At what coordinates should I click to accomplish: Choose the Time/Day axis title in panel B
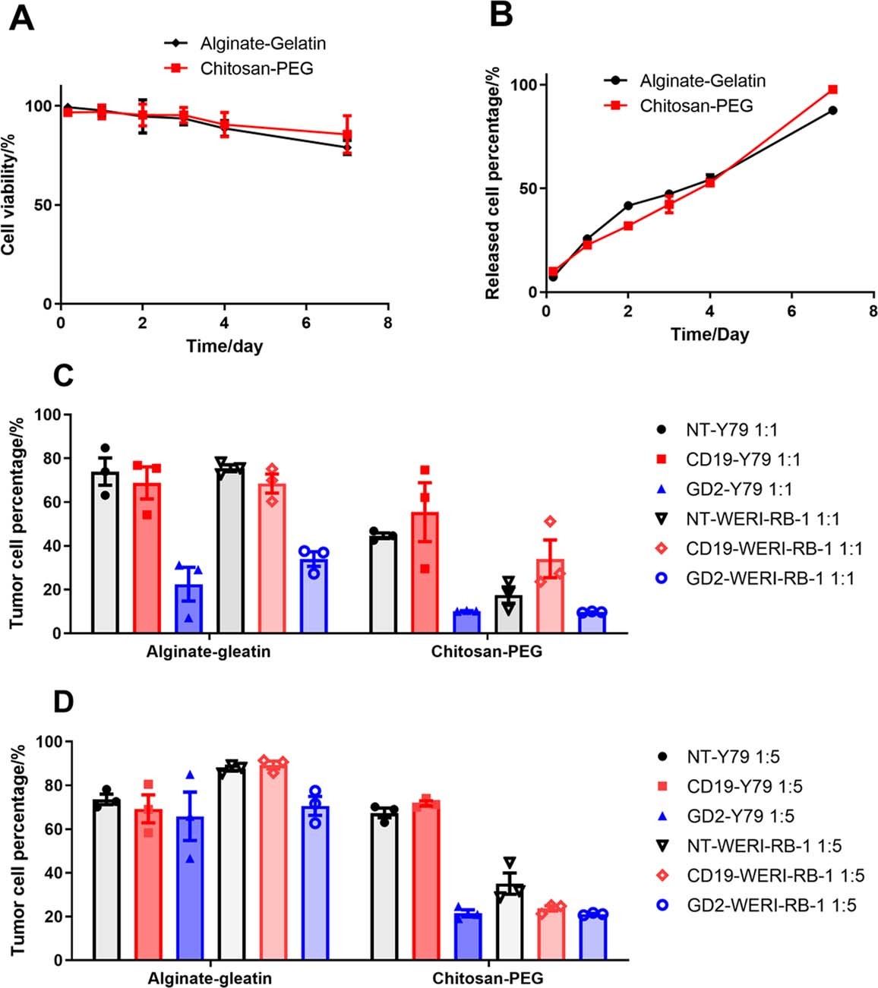click(x=709, y=334)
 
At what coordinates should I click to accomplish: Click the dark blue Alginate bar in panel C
click(x=188, y=608)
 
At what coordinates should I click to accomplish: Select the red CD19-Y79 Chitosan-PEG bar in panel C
click(x=425, y=573)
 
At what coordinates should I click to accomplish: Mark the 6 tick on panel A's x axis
click(x=306, y=321)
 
